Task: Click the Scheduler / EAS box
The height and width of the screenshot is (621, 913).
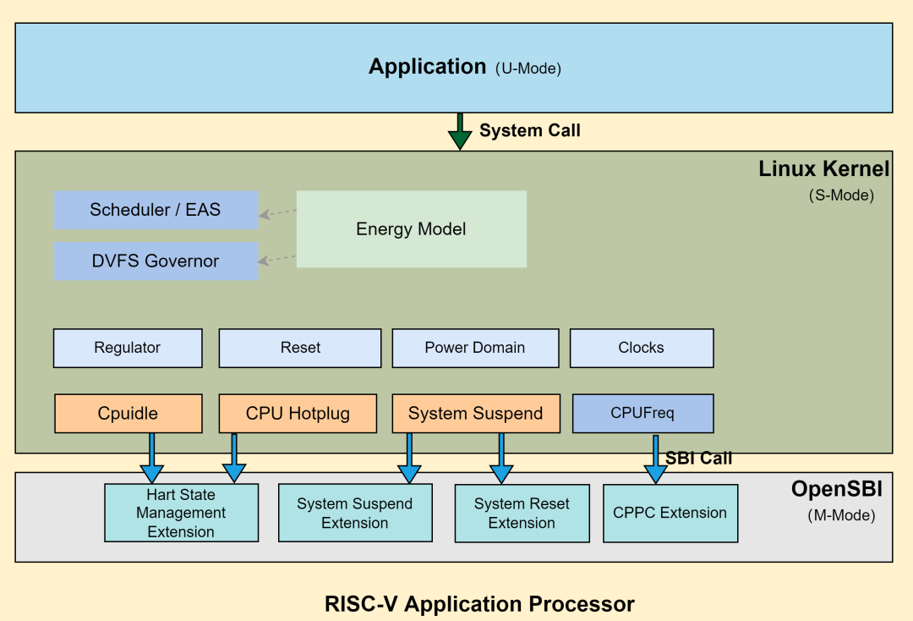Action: tap(156, 210)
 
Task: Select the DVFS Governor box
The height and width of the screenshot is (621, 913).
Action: tap(156, 261)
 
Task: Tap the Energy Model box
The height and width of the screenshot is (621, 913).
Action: tap(411, 229)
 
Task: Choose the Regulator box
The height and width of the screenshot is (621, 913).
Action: tap(128, 348)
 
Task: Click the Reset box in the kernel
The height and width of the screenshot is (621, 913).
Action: tap(300, 348)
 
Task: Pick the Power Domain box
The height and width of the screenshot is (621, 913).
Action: tap(475, 348)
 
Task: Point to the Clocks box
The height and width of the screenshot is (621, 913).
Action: tap(642, 348)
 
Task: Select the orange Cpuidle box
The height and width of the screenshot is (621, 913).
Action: tap(128, 414)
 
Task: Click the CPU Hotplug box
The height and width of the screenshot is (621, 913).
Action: tap(298, 414)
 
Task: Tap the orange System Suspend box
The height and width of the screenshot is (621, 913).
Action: tap(476, 414)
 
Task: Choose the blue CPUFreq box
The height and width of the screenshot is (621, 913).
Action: tap(642, 414)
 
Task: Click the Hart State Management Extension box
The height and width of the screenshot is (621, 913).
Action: tap(181, 513)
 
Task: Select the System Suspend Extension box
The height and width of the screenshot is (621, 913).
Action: tap(355, 513)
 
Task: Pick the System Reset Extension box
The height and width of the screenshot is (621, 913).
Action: tap(522, 513)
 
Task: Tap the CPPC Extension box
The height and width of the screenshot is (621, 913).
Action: tap(670, 513)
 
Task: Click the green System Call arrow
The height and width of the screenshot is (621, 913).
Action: tap(460, 131)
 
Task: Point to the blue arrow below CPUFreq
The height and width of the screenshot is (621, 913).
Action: tap(655, 460)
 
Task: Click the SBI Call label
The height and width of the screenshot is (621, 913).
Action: tap(698, 458)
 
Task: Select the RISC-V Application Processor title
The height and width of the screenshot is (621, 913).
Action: tap(479, 604)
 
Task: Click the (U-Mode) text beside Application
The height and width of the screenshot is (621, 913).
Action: tap(528, 69)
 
